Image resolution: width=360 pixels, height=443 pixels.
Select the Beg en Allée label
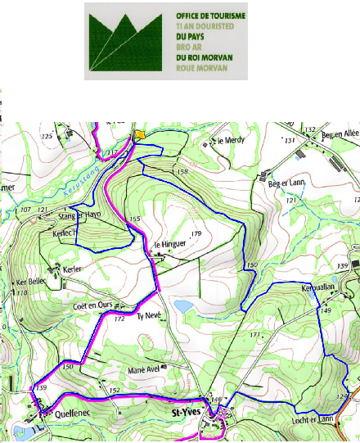[340, 134]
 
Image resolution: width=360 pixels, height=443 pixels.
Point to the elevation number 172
[119, 319]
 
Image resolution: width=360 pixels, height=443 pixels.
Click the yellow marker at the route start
[140, 134]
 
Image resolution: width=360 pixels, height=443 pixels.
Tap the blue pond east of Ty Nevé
[183, 305]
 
